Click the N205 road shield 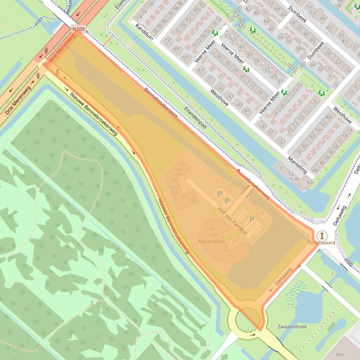coord(78,29)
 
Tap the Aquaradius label coord(211,241)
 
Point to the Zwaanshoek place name coord(292,326)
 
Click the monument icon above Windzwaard coord(322,235)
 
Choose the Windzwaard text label coord(322,243)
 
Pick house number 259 coord(192,201)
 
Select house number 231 coord(183,196)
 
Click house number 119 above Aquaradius coord(209,229)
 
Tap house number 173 coord(176,180)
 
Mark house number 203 coord(174,193)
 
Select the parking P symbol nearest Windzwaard coord(251,219)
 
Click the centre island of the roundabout coord(247,320)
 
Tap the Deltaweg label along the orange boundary coord(284,277)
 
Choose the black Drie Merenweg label coord(17,101)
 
